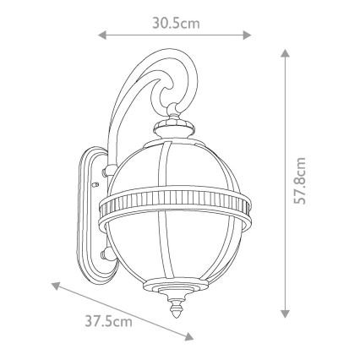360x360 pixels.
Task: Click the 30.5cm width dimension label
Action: coord(176,22)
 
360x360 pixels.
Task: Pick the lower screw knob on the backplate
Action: coord(104,251)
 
